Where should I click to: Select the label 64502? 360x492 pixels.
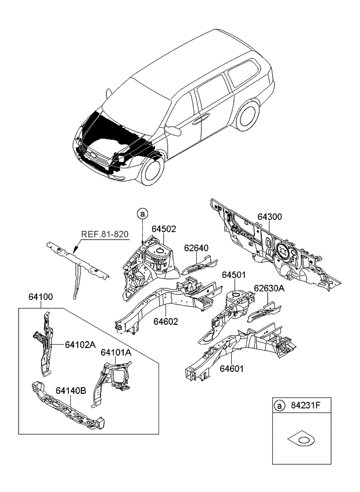(164, 229)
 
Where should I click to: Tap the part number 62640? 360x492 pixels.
(196, 248)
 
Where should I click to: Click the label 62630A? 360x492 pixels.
(269, 288)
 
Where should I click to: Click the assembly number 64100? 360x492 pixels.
(41, 296)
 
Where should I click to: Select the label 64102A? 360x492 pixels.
(80, 343)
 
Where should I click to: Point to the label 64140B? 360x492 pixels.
(71, 391)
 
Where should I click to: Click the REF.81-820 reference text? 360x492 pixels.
(105, 235)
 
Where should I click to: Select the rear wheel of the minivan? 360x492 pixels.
(249, 115)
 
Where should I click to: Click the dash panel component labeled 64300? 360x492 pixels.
(273, 249)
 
